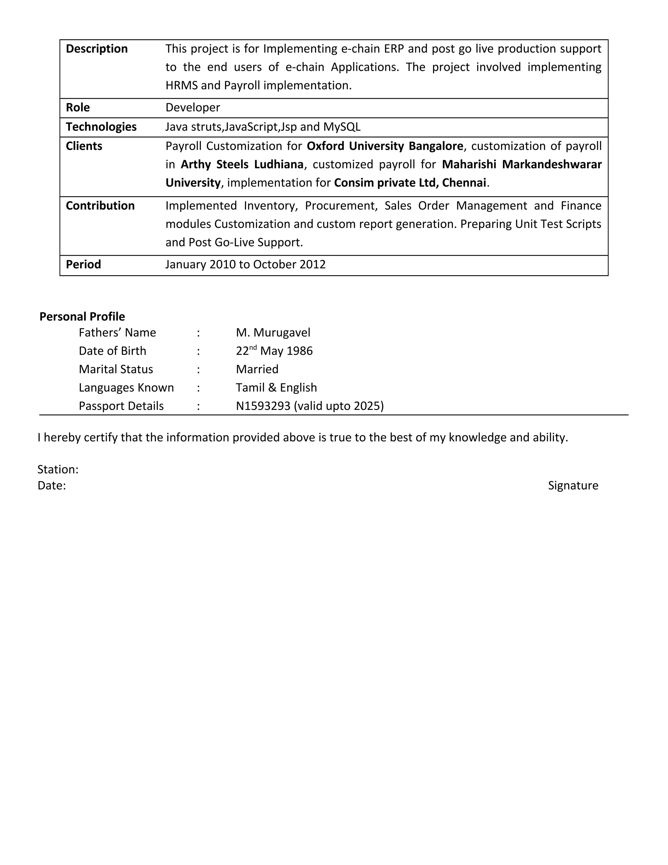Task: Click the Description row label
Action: (97, 49)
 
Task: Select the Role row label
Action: (78, 108)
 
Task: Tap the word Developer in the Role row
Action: (192, 108)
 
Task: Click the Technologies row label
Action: (101, 127)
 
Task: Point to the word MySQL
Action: (342, 127)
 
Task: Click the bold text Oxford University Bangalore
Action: (385, 146)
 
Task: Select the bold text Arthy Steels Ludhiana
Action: (242, 165)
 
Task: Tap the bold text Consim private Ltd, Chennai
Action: (410, 182)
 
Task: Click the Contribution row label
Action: (100, 206)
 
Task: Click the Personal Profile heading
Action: (82, 316)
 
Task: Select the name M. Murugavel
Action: (273, 333)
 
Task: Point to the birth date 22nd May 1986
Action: (274, 351)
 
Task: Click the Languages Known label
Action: (126, 387)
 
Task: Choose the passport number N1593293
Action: (263, 406)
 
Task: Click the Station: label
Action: (58, 469)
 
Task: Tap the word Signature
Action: (573, 486)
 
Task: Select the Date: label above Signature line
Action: (52, 486)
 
